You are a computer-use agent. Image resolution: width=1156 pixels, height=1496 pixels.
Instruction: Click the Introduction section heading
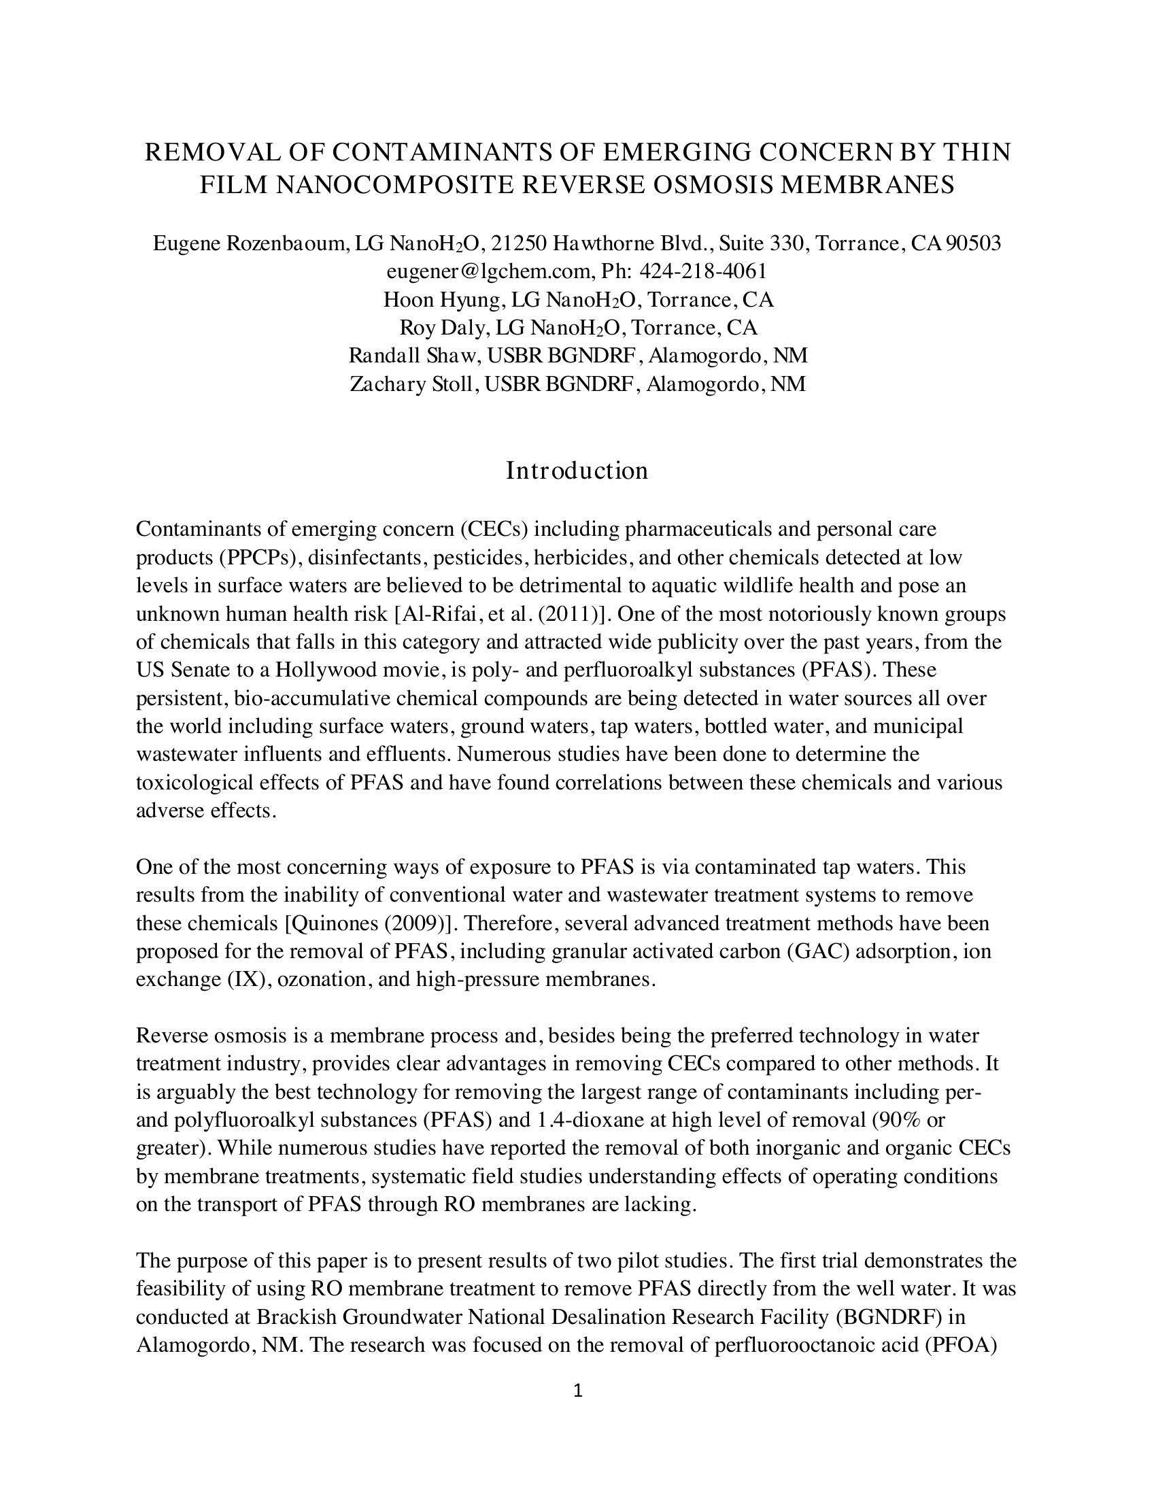tap(577, 471)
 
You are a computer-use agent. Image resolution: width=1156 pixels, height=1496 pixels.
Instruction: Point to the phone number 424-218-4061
tap(702, 271)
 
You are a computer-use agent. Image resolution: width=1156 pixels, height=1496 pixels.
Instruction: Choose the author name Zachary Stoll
tap(411, 384)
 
